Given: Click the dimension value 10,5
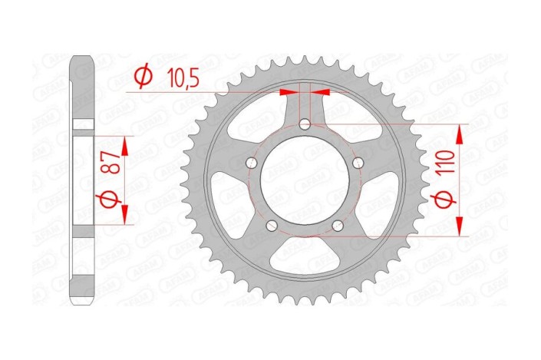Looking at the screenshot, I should click(x=180, y=77).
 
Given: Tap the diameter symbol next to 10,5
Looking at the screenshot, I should click(x=142, y=77).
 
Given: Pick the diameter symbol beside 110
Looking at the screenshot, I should click(x=450, y=203).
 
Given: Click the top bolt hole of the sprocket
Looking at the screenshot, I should click(x=305, y=124).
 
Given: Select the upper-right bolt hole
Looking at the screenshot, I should click(x=358, y=163).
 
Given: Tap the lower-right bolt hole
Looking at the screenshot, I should click(x=338, y=226).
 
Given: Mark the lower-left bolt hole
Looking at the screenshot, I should click(x=272, y=226).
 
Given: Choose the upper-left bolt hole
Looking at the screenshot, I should click(x=251, y=163).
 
